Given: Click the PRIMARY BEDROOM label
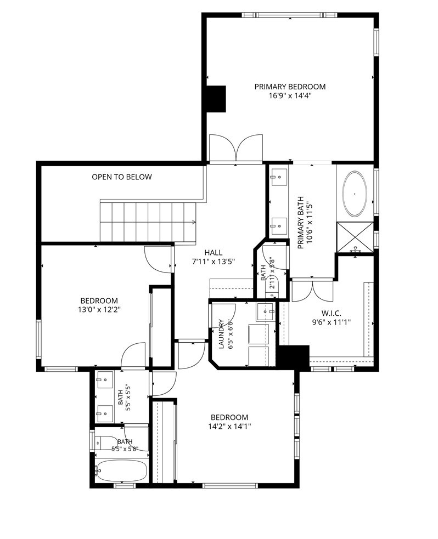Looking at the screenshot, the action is (x=290, y=87).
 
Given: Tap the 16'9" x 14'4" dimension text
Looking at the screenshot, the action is (x=290, y=95).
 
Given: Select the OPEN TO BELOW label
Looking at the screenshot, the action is (x=121, y=177).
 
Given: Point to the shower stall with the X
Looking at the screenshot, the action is (x=356, y=237).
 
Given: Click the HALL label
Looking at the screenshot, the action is (x=214, y=253).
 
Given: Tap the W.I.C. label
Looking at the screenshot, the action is (x=331, y=314).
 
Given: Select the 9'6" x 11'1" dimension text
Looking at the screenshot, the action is (x=331, y=322).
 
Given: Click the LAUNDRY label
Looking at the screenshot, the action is (x=222, y=334).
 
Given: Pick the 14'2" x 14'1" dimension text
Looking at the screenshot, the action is (x=229, y=427).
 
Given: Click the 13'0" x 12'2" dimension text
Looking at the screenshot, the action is (x=99, y=310).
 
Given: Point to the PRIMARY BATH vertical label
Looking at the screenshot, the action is (x=305, y=223).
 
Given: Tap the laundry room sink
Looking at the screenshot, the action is (x=266, y=312).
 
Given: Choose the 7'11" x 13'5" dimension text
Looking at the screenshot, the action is (x=214, y=262).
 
